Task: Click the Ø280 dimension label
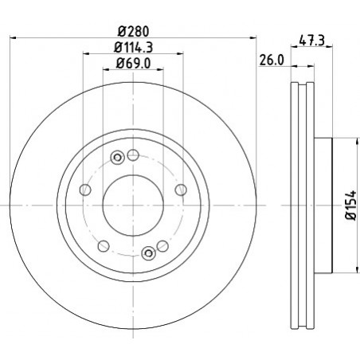tap(134, 32)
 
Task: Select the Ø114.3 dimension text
tap(134, 48)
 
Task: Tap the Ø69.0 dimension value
tap(133, 64)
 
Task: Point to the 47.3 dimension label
tap(312, 41)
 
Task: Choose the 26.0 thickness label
tap(272, 61)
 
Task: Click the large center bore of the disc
tap(133, 205)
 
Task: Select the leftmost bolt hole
tap(85, 190)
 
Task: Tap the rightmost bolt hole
tap(181, 190)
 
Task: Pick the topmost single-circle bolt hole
tap(133, 155)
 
